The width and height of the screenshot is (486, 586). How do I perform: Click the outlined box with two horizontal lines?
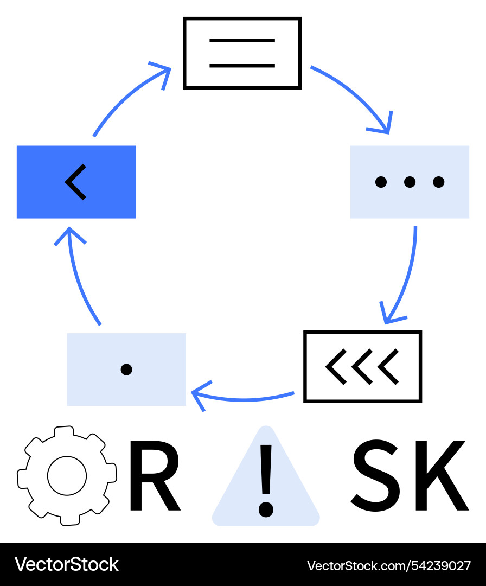pos(242,53)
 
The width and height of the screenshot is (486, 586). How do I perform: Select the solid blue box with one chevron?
pos(76,182)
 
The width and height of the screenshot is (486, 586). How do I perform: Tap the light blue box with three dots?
pos(410,182)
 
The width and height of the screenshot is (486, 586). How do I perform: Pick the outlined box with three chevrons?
pos(362,366)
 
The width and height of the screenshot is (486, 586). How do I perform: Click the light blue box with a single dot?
pos(126,369)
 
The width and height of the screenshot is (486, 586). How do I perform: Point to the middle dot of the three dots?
pos(410,182)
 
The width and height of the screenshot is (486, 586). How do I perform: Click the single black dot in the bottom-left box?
pos(126,370)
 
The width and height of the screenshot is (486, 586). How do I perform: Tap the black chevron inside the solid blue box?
pos(75,182)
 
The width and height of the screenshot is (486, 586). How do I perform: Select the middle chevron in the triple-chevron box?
pos(361,367)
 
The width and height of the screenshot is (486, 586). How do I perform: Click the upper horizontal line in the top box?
pos(242,41)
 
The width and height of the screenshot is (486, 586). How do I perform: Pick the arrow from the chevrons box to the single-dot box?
pos(244,399)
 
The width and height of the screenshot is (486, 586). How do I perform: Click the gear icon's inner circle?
pos(67,476)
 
